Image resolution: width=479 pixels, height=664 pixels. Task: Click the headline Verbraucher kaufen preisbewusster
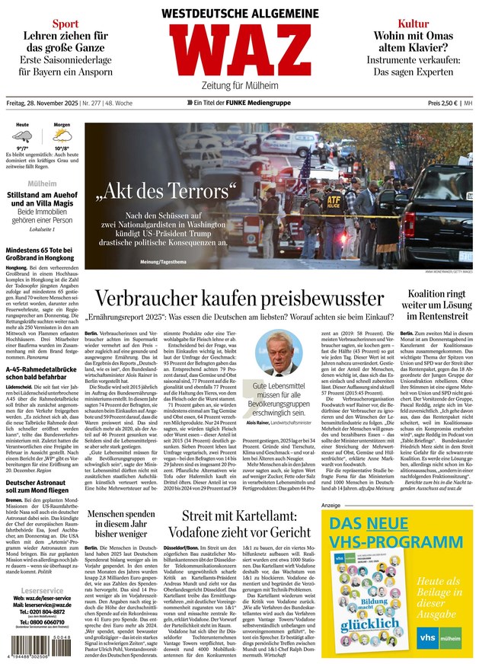(x=238, y=298)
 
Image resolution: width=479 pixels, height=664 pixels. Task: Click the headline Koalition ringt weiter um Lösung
(x=436, y=305)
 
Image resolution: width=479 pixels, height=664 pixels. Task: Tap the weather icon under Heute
(x=23, y=138)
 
